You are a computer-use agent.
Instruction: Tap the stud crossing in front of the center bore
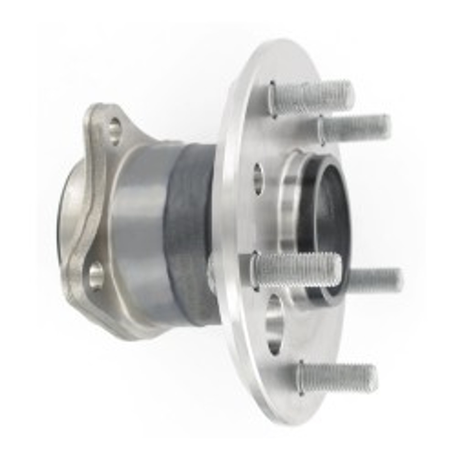296,268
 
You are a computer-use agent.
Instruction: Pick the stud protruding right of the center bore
374,279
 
